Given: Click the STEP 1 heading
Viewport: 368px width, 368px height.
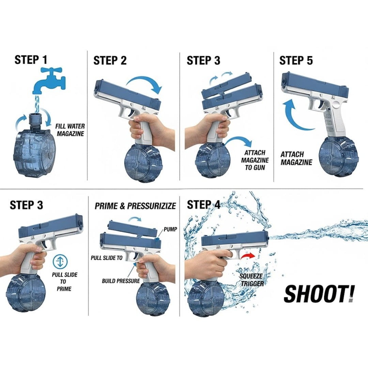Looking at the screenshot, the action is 31,60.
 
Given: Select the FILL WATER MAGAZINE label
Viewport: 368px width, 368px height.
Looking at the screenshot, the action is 70,130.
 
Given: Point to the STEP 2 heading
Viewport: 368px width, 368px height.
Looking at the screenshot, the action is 110,61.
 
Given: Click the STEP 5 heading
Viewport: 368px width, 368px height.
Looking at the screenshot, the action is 296,60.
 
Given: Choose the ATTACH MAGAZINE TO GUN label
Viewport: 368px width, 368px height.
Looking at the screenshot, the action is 255,160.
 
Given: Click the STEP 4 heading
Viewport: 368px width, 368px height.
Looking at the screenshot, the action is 203,205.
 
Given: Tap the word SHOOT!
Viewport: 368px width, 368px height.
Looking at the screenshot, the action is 319,294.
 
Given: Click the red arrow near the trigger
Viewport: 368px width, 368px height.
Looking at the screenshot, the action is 248,256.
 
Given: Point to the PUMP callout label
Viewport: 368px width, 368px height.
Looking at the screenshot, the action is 170,229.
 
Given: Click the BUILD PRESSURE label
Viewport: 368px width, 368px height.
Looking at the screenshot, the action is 121,281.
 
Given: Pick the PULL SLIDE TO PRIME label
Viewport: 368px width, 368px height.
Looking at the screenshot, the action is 64,282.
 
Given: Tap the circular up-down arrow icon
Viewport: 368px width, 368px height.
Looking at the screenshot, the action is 60,261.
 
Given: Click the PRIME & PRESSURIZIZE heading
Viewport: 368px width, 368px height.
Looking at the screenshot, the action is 135,206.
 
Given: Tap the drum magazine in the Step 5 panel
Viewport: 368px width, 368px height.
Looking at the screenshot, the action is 338,156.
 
